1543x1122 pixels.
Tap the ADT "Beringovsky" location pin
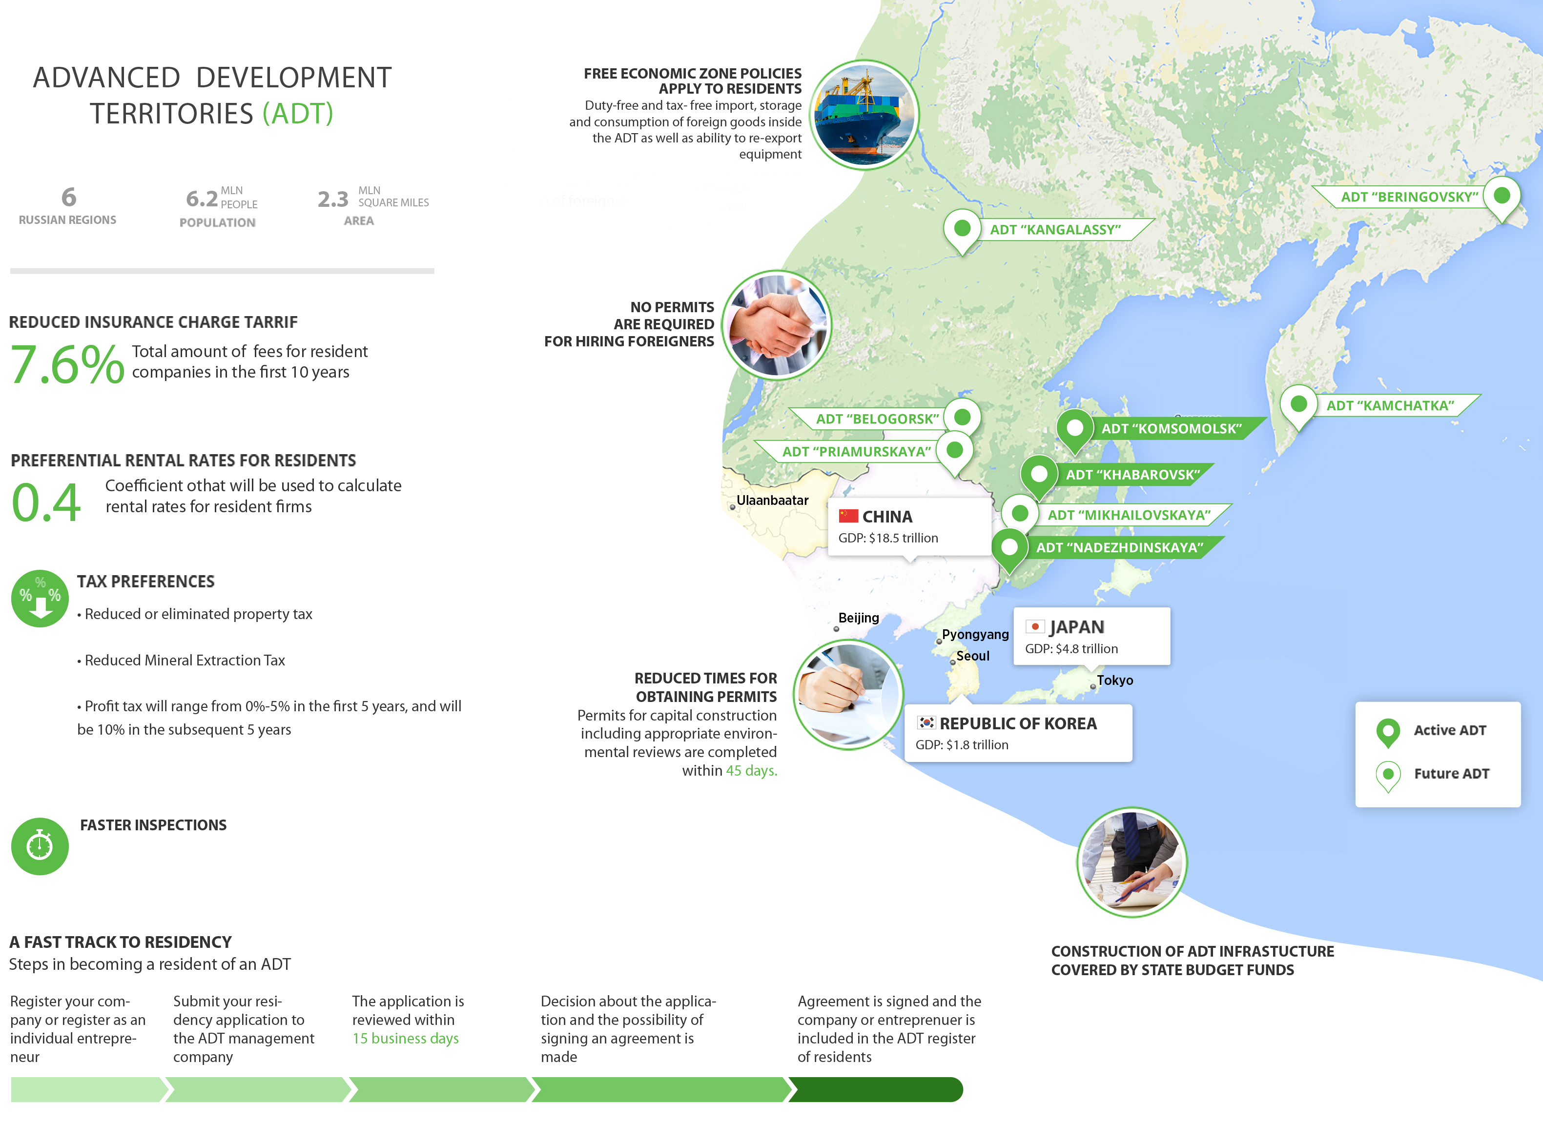pos(1502,197)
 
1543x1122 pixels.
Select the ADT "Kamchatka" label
pos(1390,406)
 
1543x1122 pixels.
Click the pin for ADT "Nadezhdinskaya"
pos(1009,548)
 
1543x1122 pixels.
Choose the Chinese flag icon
pos(848,516)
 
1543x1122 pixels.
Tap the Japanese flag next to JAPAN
pos(1035,626)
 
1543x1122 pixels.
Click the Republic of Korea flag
pos(926,723)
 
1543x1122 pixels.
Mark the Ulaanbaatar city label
pos(772,501)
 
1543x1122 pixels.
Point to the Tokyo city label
pos(1114,681)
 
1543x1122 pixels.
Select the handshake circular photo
pos(776,325)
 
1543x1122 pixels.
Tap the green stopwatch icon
pos(40,846)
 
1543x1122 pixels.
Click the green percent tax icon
pos(40,599)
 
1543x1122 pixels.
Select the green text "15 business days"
pos(406,1039)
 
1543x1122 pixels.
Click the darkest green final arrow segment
pos(876,1089)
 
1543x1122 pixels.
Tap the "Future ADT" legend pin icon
pos(1388,775)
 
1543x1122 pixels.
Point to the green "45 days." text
pos(751,770)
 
